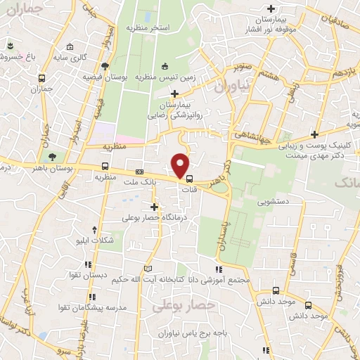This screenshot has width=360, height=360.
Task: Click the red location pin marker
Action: (x=181, y=166)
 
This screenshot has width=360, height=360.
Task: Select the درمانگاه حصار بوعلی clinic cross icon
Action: (x=155, y=207)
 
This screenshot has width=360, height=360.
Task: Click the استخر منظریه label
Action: (x=148, y=27)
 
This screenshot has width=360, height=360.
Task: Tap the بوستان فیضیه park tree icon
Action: (x=105, y=66)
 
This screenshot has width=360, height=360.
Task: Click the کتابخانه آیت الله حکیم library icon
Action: (x=147, y=269)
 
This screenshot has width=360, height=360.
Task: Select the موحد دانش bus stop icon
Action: (x=276, y=290)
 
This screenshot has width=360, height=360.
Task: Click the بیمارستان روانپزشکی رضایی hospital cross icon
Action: (x=174, y=93)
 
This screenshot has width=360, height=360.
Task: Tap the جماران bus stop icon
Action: (x=43, y=79)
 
